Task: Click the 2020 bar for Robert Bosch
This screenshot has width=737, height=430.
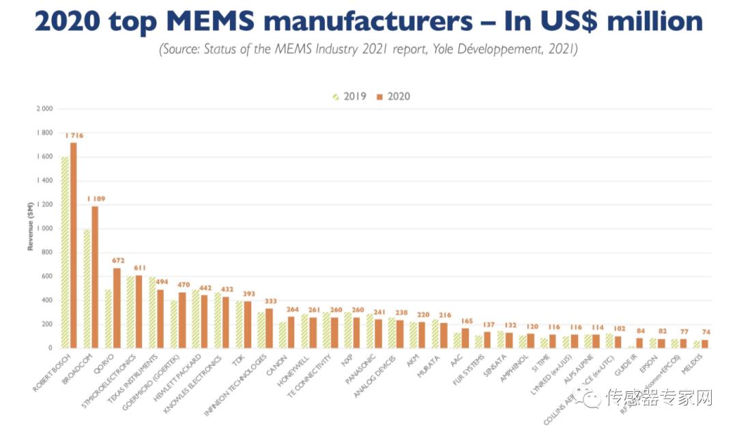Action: pos(73,246)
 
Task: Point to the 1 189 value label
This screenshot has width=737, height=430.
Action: pos(96,199)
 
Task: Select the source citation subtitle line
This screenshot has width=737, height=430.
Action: pos(369,50)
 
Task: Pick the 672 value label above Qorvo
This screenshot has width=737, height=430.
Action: pos(117,261)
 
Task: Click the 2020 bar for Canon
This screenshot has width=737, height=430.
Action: pos(291,332)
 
